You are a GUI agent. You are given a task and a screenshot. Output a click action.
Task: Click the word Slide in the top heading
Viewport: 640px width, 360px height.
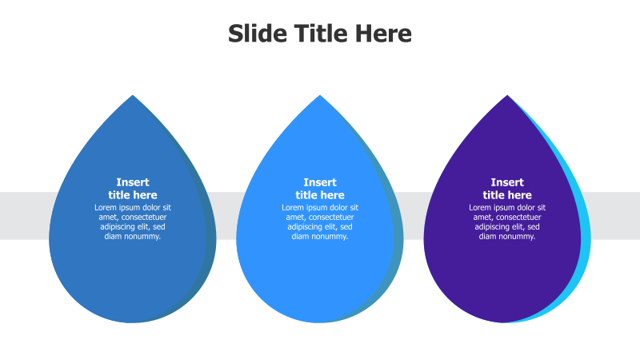pyautogui.click(x=254, y=34)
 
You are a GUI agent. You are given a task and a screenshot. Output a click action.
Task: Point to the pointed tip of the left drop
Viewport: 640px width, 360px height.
pyautogui.click(x=133, y=98)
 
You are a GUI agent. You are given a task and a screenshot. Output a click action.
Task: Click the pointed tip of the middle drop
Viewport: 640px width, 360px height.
pyautogui.click(x=320, y=98)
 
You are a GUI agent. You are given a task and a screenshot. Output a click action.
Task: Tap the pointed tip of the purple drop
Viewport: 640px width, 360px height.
pyautogui.click(x=507, y=98)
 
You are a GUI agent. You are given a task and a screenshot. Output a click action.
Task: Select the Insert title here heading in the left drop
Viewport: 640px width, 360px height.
pyautogui.click(x=133, y=189)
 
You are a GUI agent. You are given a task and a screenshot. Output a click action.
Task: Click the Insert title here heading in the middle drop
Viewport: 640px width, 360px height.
pyautogui.click(x=320, y=189)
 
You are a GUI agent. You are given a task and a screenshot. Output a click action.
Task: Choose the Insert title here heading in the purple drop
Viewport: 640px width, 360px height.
pyautogui.click(x=507, y=189)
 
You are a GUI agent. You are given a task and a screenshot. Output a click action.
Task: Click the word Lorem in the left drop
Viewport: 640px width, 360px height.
pyautogui.click(x=106, y=208)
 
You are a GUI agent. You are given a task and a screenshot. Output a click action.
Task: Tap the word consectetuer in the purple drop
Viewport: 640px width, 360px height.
pyautogui.click(x=518, y=218)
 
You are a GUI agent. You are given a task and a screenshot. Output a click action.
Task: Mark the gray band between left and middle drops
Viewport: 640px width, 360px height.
pyautogui.click(x=226, y=216)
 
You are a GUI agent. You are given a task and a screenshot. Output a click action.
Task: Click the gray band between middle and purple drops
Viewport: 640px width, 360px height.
pyautogui.click(x=413, y=216)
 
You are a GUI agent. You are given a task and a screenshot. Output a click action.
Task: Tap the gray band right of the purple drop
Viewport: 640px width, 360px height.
pyautogui.click(x=616, y=216)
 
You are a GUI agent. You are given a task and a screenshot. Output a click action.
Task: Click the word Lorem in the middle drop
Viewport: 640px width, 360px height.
pyautogui.click(x=294, y=208)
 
